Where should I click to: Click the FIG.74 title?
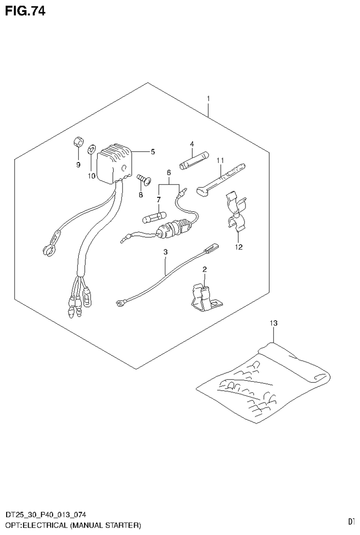coord(25,11)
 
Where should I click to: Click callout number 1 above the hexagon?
coord(208,99)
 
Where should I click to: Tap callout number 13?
coord(274,323)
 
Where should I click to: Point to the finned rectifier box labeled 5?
coord(114,162)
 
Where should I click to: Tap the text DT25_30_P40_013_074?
coord(46,516)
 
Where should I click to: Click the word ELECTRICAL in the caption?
coord(45,524)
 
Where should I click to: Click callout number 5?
coord(153,152)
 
